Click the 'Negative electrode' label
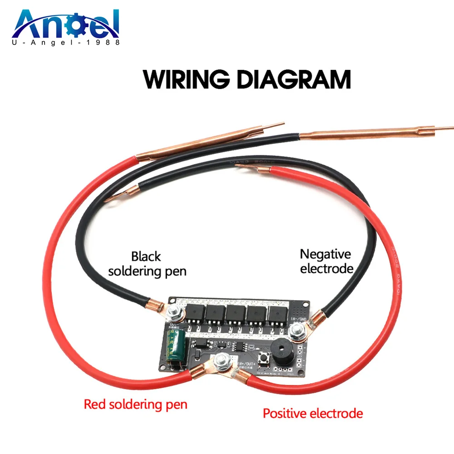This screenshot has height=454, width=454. [326, 261]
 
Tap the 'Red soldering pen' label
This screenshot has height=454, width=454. [135, 404]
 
